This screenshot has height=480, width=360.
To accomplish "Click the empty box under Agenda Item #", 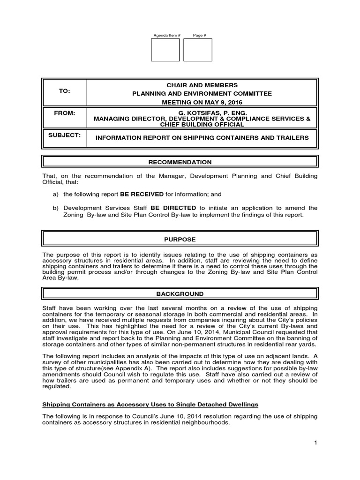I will (165, 50).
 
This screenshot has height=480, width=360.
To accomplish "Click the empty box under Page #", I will (197, 50).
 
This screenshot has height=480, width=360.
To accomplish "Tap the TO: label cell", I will (64, 92).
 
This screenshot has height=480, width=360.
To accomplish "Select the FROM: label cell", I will (64, 113).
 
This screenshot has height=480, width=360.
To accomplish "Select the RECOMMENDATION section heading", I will (180, 162).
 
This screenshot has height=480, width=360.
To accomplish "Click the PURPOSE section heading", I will (180, 239).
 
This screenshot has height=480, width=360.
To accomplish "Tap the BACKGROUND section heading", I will (180, 294).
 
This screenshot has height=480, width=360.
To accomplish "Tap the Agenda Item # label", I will (165, 36).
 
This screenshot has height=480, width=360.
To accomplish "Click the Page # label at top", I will (197, 36).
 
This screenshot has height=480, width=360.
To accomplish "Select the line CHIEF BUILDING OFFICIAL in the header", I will (202, 125).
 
